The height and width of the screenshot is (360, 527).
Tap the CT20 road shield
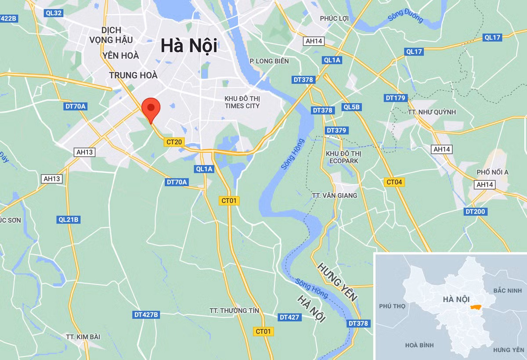point(174,142)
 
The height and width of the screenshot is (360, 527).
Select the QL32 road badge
point(54,13)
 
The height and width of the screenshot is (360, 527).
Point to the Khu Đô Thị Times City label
point(242,102)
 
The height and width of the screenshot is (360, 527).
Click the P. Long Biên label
point(269,61)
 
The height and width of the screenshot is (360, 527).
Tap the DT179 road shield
point(395,98)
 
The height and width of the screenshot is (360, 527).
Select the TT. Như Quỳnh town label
point(432,112)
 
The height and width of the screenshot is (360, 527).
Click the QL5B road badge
point(352,107)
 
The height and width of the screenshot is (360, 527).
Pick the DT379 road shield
point(337,130)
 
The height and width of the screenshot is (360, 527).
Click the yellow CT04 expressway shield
point(393,182)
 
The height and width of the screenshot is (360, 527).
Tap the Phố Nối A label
point(492,172)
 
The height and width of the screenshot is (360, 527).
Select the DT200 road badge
point(475,212)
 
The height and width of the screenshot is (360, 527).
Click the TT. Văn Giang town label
point(334,195)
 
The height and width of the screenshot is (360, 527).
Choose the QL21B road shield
point(68,220)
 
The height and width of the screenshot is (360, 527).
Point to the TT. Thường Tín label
point(234,311)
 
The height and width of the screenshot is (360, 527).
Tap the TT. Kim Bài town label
point(83,337)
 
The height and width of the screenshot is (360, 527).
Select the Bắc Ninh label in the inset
point(507,291)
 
